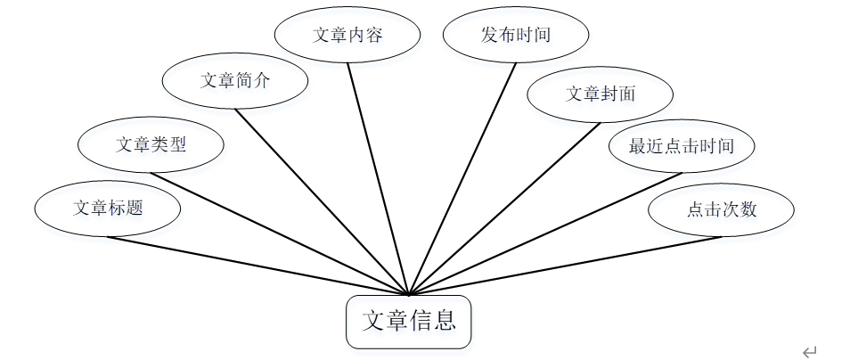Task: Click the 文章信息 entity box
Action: coord(408,322)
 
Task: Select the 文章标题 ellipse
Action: coord(108,209)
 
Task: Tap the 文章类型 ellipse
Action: coord(151,143)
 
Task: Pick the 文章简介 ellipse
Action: coord(235,80)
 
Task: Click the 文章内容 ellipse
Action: coord(347,35)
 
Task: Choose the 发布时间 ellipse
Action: coord(516,35)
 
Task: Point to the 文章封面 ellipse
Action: coord(601,93)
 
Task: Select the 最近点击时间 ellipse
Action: coord(682,145)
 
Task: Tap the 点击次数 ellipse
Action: coord(722,209)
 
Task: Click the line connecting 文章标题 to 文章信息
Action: coord(258,266)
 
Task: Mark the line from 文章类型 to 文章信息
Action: coord(280,233)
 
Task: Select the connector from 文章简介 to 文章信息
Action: coord(323,201)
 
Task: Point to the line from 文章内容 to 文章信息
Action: coord(378,177)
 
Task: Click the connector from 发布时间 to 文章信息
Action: coord(462,177)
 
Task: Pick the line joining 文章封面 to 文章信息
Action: coord(504,209)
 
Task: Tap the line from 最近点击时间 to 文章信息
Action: coord(544,233)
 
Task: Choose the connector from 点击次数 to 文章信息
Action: coord(565,266)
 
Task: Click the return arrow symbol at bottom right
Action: coord(809,352)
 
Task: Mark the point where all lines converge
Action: coord(408,294)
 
